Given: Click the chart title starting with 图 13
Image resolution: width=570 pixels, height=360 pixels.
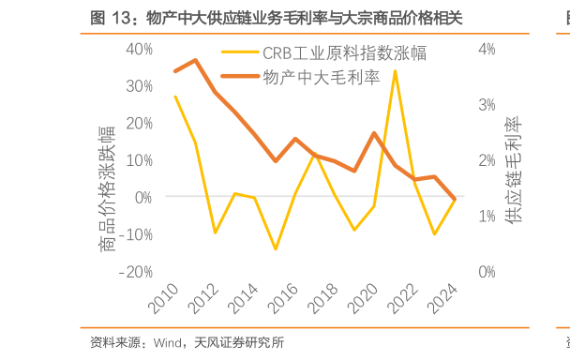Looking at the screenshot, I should pos(277,18).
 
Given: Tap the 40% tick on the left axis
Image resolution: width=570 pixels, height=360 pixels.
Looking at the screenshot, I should pos(139,49).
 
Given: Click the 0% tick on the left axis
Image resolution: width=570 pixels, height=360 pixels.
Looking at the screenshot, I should pos(142,197).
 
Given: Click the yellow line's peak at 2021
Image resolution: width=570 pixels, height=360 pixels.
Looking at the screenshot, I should pos(395,70).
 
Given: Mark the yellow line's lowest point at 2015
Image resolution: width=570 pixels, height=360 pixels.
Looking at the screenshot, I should pos(275,249).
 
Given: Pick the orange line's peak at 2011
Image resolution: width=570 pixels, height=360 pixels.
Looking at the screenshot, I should pos(195,60).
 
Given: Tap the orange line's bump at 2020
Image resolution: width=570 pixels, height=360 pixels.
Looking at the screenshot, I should pos(375,133).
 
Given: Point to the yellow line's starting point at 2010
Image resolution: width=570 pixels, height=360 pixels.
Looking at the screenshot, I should pos(175,96).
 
